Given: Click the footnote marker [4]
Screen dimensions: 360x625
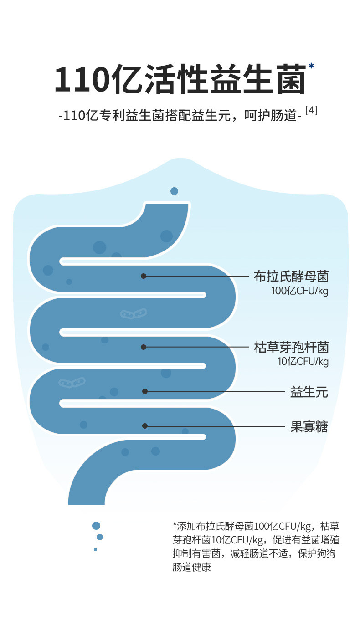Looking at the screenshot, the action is point(311,111).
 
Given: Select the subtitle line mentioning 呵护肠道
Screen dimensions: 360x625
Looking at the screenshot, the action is point(180,116).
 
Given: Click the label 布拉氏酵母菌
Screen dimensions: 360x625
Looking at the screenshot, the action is point(291,276).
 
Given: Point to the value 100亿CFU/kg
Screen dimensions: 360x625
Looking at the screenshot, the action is point(299,291).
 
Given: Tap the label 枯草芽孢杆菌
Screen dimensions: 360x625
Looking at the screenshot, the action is point(291,348).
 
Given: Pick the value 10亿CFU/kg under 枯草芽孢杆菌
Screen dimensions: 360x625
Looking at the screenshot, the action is point(303,362).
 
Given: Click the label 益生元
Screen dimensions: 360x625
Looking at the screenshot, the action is point(309,392).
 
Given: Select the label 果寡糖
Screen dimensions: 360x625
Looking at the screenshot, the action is point(309,427).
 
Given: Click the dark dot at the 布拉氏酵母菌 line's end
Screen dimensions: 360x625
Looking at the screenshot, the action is point(144,276).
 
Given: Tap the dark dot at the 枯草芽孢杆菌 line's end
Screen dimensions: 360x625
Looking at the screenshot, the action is point(144,347).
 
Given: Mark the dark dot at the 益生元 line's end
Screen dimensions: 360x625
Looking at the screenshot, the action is point(145,391).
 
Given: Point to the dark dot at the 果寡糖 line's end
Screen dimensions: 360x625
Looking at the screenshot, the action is point(145,426).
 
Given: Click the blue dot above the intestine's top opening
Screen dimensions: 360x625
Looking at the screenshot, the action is point(174,191).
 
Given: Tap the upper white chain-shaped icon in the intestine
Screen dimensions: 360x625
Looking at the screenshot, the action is point(134,313).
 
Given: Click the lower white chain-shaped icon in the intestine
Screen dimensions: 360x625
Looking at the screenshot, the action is point(72,382).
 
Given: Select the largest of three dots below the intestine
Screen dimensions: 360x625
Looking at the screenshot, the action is point(96,526).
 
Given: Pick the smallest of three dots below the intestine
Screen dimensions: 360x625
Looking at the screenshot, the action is point(95,549).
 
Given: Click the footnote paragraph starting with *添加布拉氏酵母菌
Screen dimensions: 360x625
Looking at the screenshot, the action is point(256,547).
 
